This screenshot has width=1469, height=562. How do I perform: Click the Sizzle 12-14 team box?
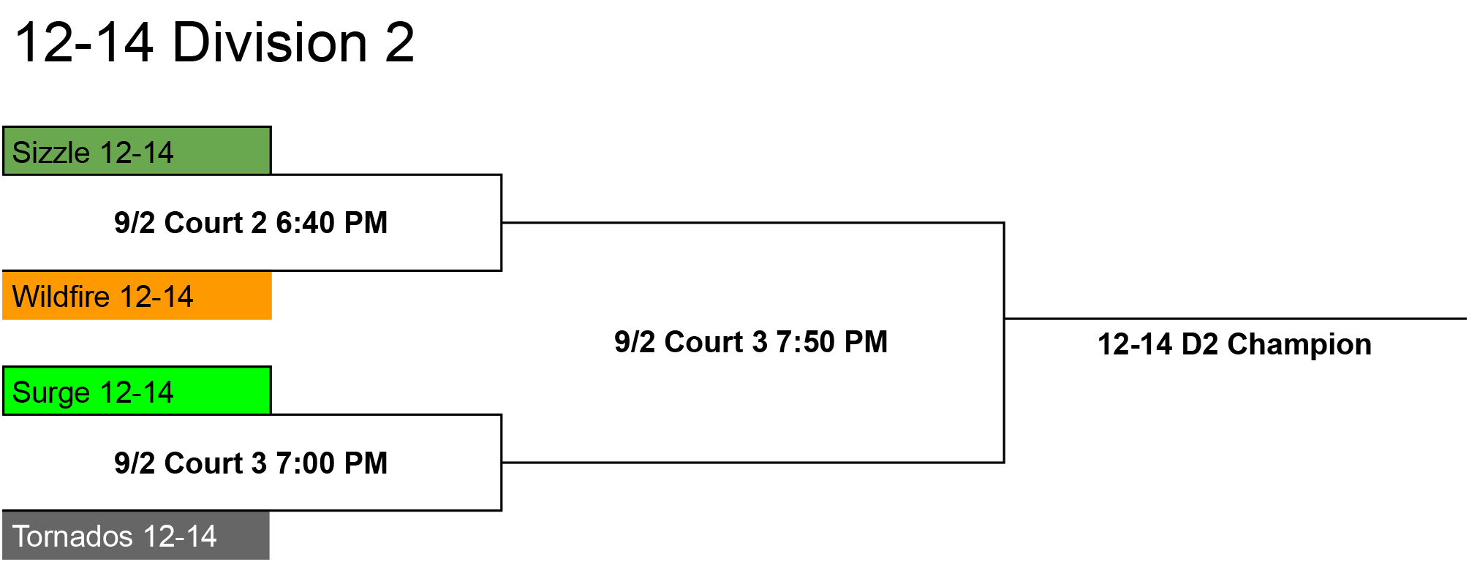coord(137,151)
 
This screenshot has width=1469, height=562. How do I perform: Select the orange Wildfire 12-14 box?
coord(137,295)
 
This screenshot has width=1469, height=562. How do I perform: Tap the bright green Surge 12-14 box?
coord(137,390)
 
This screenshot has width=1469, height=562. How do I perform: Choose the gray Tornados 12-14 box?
coord(136,535)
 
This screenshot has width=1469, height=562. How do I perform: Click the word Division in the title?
coord(270,42)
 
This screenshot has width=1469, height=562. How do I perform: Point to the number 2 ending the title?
coord(399,42)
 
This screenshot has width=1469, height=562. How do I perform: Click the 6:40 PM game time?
coord(331,223)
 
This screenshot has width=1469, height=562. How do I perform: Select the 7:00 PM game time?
coord(331,463)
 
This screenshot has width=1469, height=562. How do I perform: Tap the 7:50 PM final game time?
coord(831,342)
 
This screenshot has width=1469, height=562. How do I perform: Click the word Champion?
coord(1299,344)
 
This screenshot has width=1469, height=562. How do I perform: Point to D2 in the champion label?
coord(1200,344)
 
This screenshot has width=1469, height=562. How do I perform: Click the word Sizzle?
coord(51,153)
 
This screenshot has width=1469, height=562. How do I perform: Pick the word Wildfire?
coord(61,297)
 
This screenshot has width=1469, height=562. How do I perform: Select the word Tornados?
coord(73,536)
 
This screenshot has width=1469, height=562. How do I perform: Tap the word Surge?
coord(51,393)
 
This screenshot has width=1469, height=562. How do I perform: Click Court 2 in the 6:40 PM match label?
coord(216,223)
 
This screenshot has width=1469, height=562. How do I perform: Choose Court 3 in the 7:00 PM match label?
coord(216,463)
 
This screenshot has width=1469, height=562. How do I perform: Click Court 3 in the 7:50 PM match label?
coord(716,342)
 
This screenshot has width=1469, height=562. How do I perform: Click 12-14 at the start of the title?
coord(84,42)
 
